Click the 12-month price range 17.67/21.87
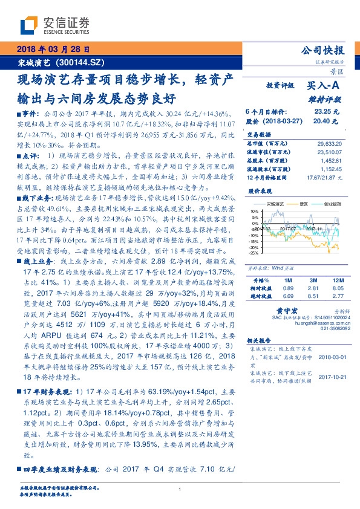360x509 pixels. [324, 178]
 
